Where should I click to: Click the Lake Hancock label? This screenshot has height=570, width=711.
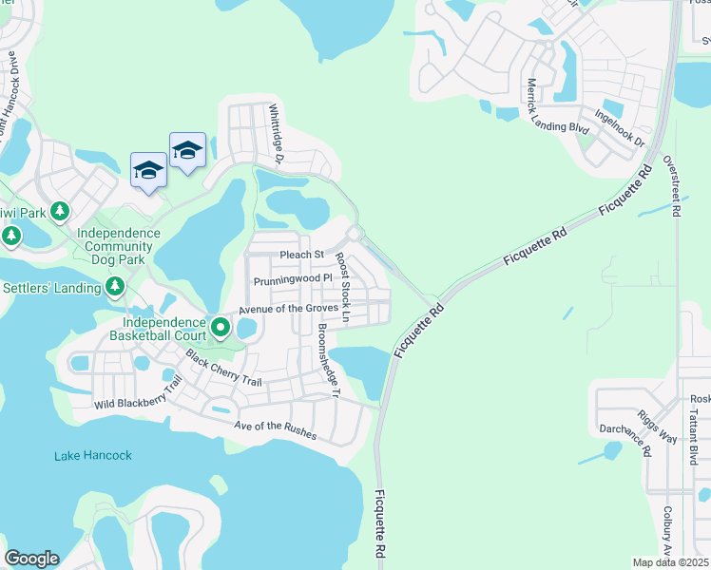pos(92,456)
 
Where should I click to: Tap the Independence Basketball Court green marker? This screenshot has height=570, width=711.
pos(221,328)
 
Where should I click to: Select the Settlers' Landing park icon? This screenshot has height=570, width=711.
pos(114,285)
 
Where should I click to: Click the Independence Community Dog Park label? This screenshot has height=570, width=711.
pos(119,245)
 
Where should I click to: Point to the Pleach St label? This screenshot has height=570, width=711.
pos(302,255)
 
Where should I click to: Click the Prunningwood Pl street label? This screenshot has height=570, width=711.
pos(292,281)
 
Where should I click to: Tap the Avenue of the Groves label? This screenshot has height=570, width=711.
pos(289,308)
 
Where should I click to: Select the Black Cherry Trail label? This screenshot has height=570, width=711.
pos(223,370)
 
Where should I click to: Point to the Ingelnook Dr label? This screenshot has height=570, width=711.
pos(619,129)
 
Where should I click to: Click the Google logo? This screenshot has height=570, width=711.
pos(31,559)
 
